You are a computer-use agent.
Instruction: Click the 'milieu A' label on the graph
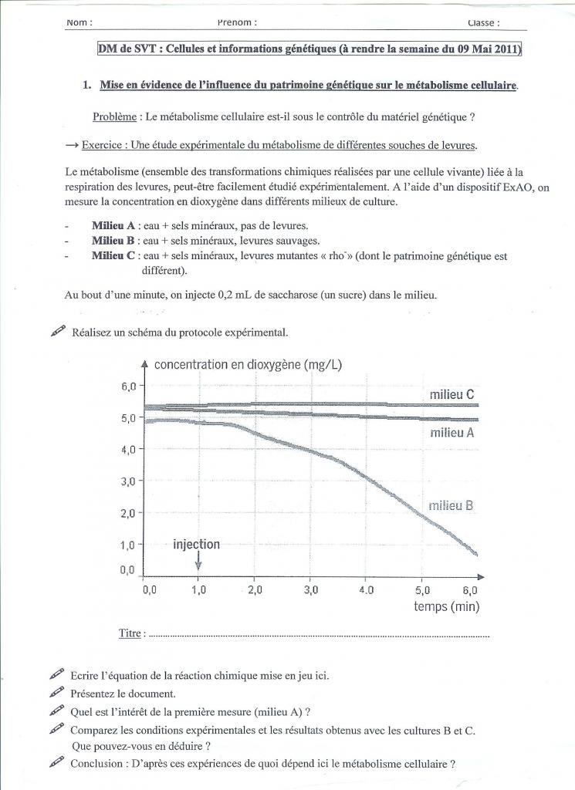pyautogui.click(x=452, y=433)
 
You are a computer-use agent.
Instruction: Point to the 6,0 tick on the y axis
pyautogui.click(x=129, y=386)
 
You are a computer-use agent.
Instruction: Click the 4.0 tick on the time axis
pyautogui.click(x=366, y=590)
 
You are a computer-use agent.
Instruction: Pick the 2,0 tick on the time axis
pyautogui.click(x=255, y=590)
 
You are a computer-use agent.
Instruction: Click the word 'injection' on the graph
pyautogui.click(x=196, y=545)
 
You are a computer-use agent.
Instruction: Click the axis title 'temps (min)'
pyautogui.click(x=446, y=606)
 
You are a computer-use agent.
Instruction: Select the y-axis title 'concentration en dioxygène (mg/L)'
pyautogui.click(x=249, y=364)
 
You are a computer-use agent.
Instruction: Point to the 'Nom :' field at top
pyautogui.click(x=79, y=22)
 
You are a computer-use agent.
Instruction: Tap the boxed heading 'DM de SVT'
pyautogui.click(x=125, y=49)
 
